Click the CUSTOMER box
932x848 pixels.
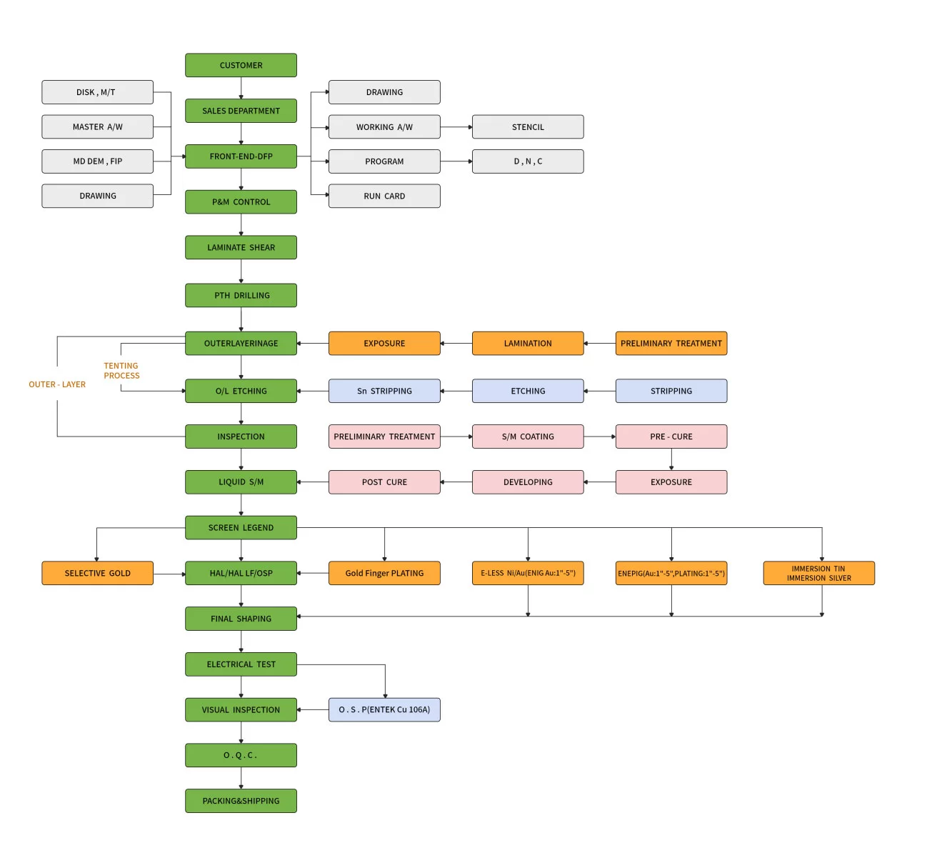pyautogui.click(x=241, y=65)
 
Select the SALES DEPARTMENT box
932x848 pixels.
pyautogui.click(x=241, y=111)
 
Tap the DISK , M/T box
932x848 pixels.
pyautogui.click(x=97, y=92)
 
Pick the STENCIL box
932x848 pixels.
pyautogui.click(x=528, y=126)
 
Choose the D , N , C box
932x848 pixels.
pyautogui.click(x=528, y=161)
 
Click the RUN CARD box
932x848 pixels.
pyautogui.click(x=384, y=196)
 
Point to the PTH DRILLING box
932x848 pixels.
pyautogui.click(x=241, y=295)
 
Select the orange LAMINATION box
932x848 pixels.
pyautogui.click(x=528, y=343)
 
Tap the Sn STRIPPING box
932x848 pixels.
pyautogui.click(x=384, y=391)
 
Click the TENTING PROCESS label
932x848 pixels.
pyautogui.click(x=121, y=371)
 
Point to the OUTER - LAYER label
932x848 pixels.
pyautogui.click(x=57, y=384)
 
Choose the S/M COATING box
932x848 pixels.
pyautogui.click(x=528, y=437)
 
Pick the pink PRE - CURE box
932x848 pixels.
pyautogui.click(x=671, y=437)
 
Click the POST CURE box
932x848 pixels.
pyautogui.click(x=384, y=482)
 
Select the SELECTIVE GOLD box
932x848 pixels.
pyautogui.click(x=97, y=573)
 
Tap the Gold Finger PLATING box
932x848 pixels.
pyautogui.click(x=384, y=573)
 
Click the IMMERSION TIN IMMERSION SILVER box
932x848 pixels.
pyautogui.click(x=818, y=573)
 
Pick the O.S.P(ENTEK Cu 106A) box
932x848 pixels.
pyautogui.click(x=384, y=709)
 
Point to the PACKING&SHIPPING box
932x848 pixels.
pyautogui.click(x=241, y=801)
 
